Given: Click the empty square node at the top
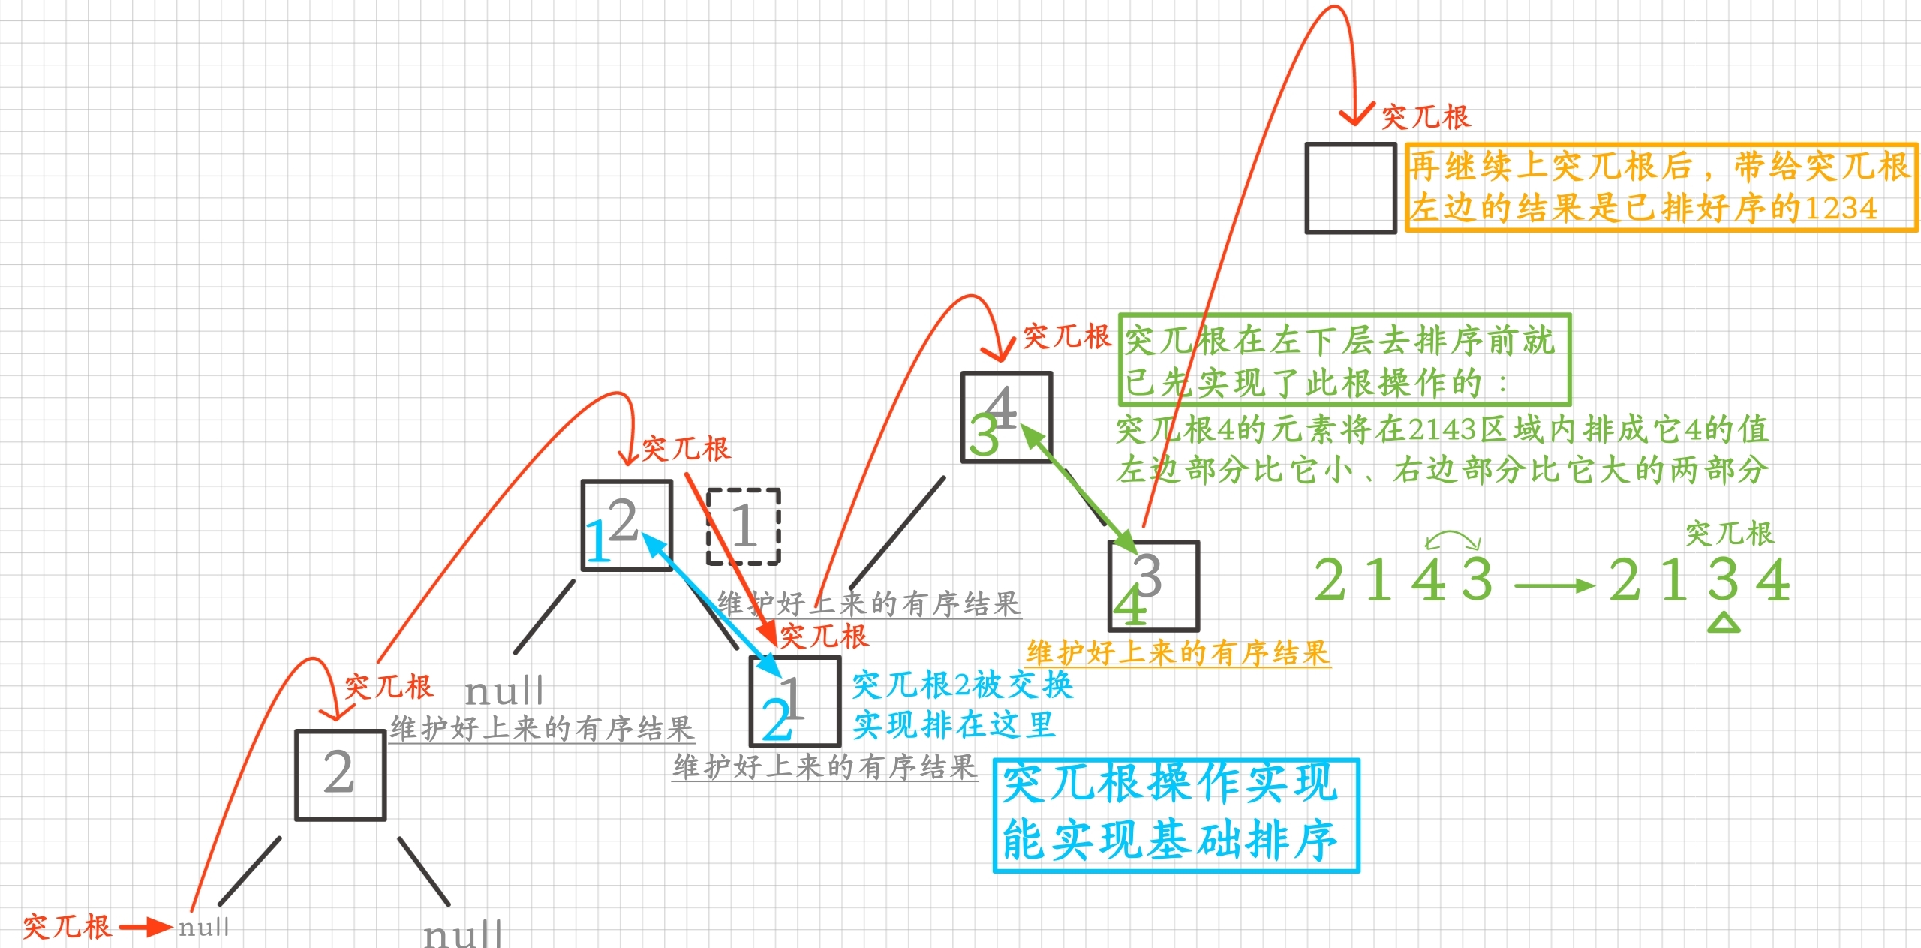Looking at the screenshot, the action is pyautogui.click(x=1350, y=188).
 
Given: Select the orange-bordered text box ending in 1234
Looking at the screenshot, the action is pyautogui.click(x=1661, y=188).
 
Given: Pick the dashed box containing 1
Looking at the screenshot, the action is pyautogui.click(x=743, y=526).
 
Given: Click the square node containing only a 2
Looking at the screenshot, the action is pyautogui.click(x=340, y=775).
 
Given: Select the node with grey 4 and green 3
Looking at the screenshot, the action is pyautogui.click(x=1006, y=417).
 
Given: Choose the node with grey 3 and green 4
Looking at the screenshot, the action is pyautogui.click(x=1153, y=586).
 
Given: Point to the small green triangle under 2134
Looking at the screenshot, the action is pyautogui.click(x=1724, y=623).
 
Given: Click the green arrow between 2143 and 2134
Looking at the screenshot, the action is pyautogui.click(x=1553, y=585).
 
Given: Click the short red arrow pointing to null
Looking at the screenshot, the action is pyautogui.click(x=145, y=927).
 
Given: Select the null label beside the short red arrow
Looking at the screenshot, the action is pyautogui.click(x=203, y=927).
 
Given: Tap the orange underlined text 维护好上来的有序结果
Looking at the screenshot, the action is pyautogui.click(x=1178, y=653).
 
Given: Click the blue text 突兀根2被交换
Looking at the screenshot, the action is pyautogui.click(x=962, y=685).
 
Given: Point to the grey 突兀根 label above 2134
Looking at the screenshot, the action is pyautogui.click(x=1729, y=534).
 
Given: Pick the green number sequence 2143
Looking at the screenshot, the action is pyautogui.click(x=1403, y=580).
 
